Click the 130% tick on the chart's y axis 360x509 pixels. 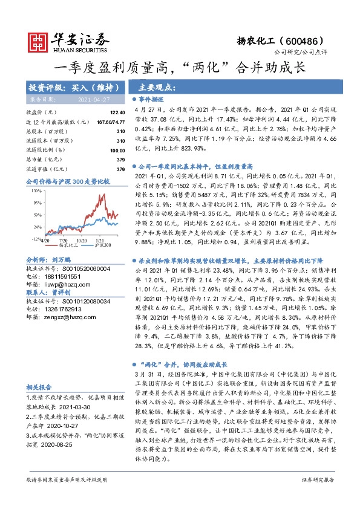coord(36,190)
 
